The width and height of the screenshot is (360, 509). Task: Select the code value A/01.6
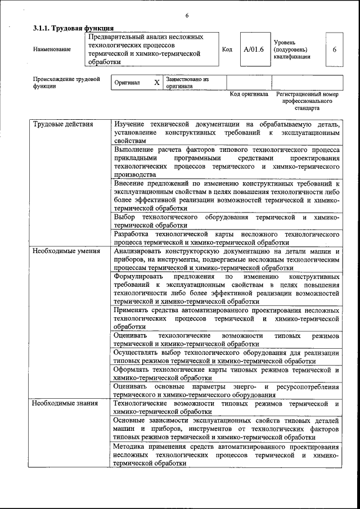[254, 49]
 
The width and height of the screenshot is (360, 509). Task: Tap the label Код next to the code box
[227, 49]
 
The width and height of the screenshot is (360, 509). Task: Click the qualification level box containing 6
[334, 49]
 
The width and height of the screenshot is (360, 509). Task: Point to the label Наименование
[52, 49]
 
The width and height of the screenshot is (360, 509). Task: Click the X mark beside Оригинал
[157, 83]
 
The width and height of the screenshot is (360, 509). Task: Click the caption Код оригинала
[249, 94]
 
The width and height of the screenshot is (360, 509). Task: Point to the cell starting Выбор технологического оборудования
[226, 221]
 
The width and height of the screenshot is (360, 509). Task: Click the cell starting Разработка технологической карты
[226, 238]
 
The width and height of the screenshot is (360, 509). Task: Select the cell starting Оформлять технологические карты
[226, 374]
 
